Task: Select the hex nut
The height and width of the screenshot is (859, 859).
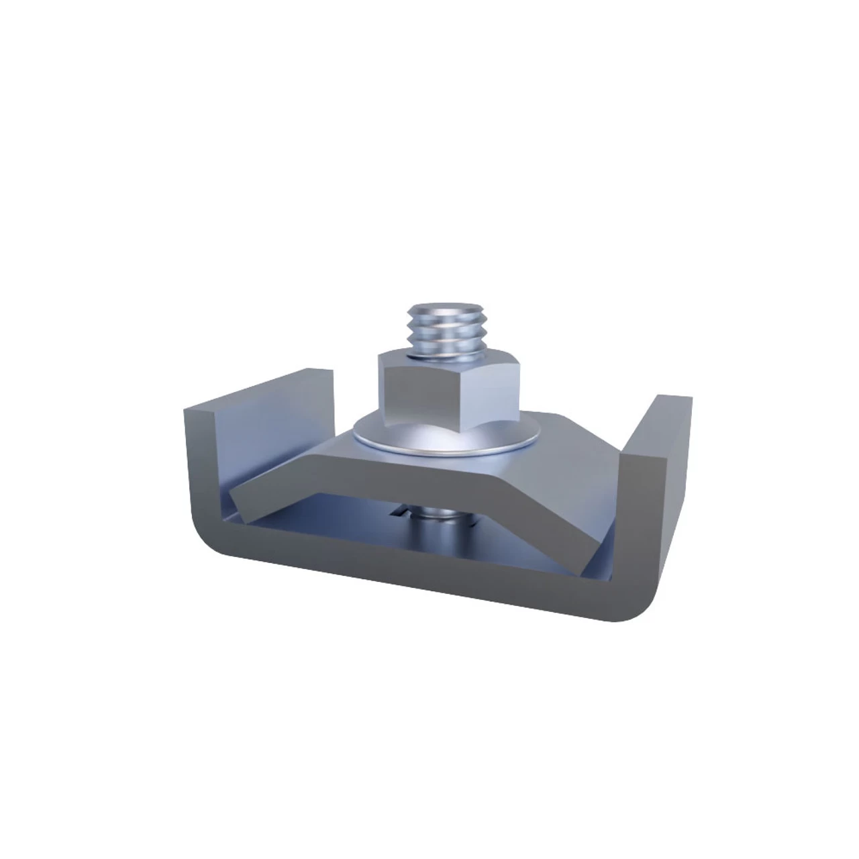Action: coord(430,393)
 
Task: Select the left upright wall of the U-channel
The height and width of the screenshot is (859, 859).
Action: coord(201,470)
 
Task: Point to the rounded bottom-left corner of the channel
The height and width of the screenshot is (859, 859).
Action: coord(208,544)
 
